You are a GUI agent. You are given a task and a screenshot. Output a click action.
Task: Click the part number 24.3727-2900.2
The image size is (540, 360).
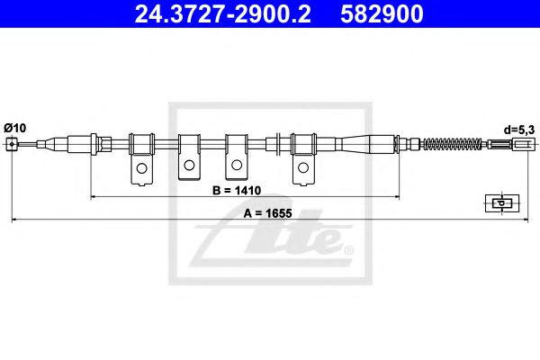pos(216,15)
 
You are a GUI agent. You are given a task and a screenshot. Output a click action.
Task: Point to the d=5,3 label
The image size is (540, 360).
pos(519,130)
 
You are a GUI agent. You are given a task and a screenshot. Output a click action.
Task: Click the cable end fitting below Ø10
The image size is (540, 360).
pos(11,144)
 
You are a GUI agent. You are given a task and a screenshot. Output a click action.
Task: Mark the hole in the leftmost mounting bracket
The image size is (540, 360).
pos(141,168)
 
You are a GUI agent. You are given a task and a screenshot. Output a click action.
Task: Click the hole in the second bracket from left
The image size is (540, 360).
pos(189,166)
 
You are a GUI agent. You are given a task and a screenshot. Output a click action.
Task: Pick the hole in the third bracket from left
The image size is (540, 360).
pos(237,166)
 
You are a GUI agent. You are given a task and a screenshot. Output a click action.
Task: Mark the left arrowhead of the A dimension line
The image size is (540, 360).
pos(13,220)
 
